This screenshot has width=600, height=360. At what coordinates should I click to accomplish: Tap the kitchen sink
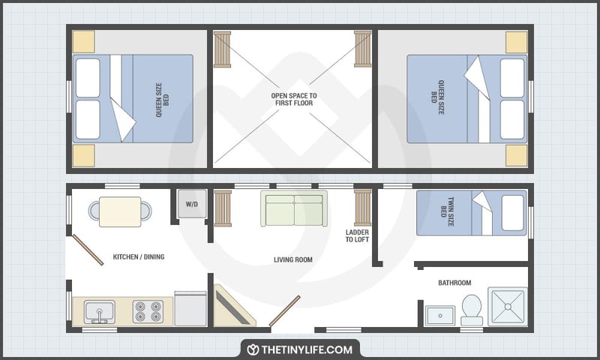click(x=99, y=310)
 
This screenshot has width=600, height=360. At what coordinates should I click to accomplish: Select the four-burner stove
click(x=148, y=310)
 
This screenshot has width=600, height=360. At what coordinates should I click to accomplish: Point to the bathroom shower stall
click(x=508, y=306)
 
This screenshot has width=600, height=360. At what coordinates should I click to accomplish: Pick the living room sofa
click(x=294, y=209)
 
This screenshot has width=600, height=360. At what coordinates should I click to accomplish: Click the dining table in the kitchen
click(x=120, y=211)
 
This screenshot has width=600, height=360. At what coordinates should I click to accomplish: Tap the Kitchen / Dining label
click(x=139, y=257)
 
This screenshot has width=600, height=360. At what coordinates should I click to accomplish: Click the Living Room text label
click(x=293, y=260)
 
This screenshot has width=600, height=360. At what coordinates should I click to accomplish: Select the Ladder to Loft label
click(x=357, y=236)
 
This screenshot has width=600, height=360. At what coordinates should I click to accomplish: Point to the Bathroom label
click(x=454, y=283)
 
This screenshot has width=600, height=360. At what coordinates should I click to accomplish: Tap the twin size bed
click(x=471, y=213)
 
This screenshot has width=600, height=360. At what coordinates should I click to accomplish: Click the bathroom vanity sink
click(x=440, y=314)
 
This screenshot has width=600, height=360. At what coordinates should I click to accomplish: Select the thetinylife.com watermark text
click(x=307, y=349)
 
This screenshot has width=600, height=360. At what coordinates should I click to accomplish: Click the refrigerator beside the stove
click(x=190, y=308)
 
